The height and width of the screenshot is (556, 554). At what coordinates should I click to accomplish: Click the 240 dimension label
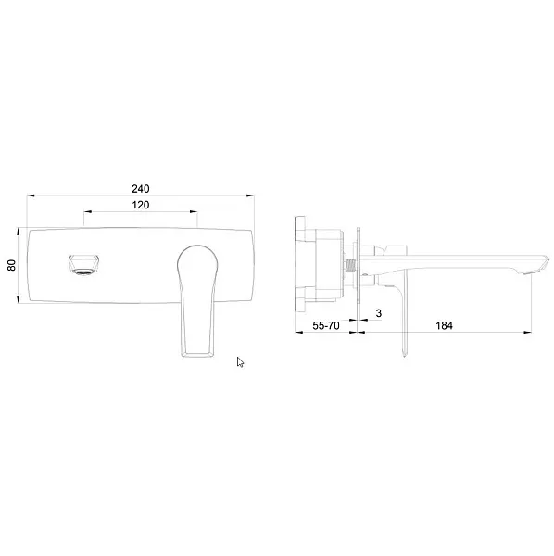coord(141,189)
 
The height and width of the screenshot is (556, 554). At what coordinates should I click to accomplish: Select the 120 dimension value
coord(141,205)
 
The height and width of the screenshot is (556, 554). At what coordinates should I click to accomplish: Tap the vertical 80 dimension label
coord(12,265)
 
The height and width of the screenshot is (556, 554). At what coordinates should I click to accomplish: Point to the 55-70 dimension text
coord(326,325)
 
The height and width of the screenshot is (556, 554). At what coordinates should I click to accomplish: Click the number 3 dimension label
coord(379,313)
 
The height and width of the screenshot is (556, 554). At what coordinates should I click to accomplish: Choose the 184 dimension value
coord(444,325)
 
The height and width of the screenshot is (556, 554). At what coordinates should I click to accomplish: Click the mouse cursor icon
coord(240,362)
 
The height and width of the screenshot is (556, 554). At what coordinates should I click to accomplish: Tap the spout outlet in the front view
coord(83,265)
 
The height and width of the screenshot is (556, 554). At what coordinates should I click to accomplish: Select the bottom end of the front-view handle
coord(197,354)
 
